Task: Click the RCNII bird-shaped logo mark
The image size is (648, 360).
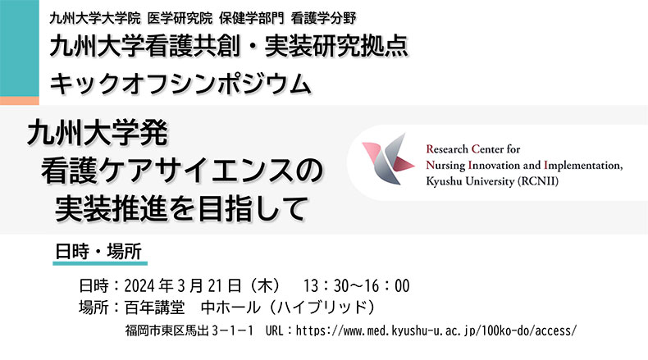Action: pos(388,159)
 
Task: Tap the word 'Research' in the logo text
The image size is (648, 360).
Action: pos(447,148)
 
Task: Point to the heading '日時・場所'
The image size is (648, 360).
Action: pos(98,251)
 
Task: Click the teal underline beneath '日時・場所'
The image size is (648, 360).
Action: pos(100,263)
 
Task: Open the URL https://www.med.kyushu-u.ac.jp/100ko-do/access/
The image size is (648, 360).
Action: pos(436,330)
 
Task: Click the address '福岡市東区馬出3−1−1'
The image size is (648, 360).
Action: pos(189,330)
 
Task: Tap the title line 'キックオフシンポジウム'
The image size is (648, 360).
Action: pos(180,84)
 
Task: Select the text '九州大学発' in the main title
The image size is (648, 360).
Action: pos(98,133)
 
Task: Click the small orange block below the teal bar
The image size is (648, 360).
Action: pos(20,100)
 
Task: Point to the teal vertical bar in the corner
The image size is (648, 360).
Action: pos(20,48)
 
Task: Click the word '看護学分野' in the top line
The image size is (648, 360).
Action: pos(323,18)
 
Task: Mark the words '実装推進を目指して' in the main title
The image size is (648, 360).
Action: pos(182,208)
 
